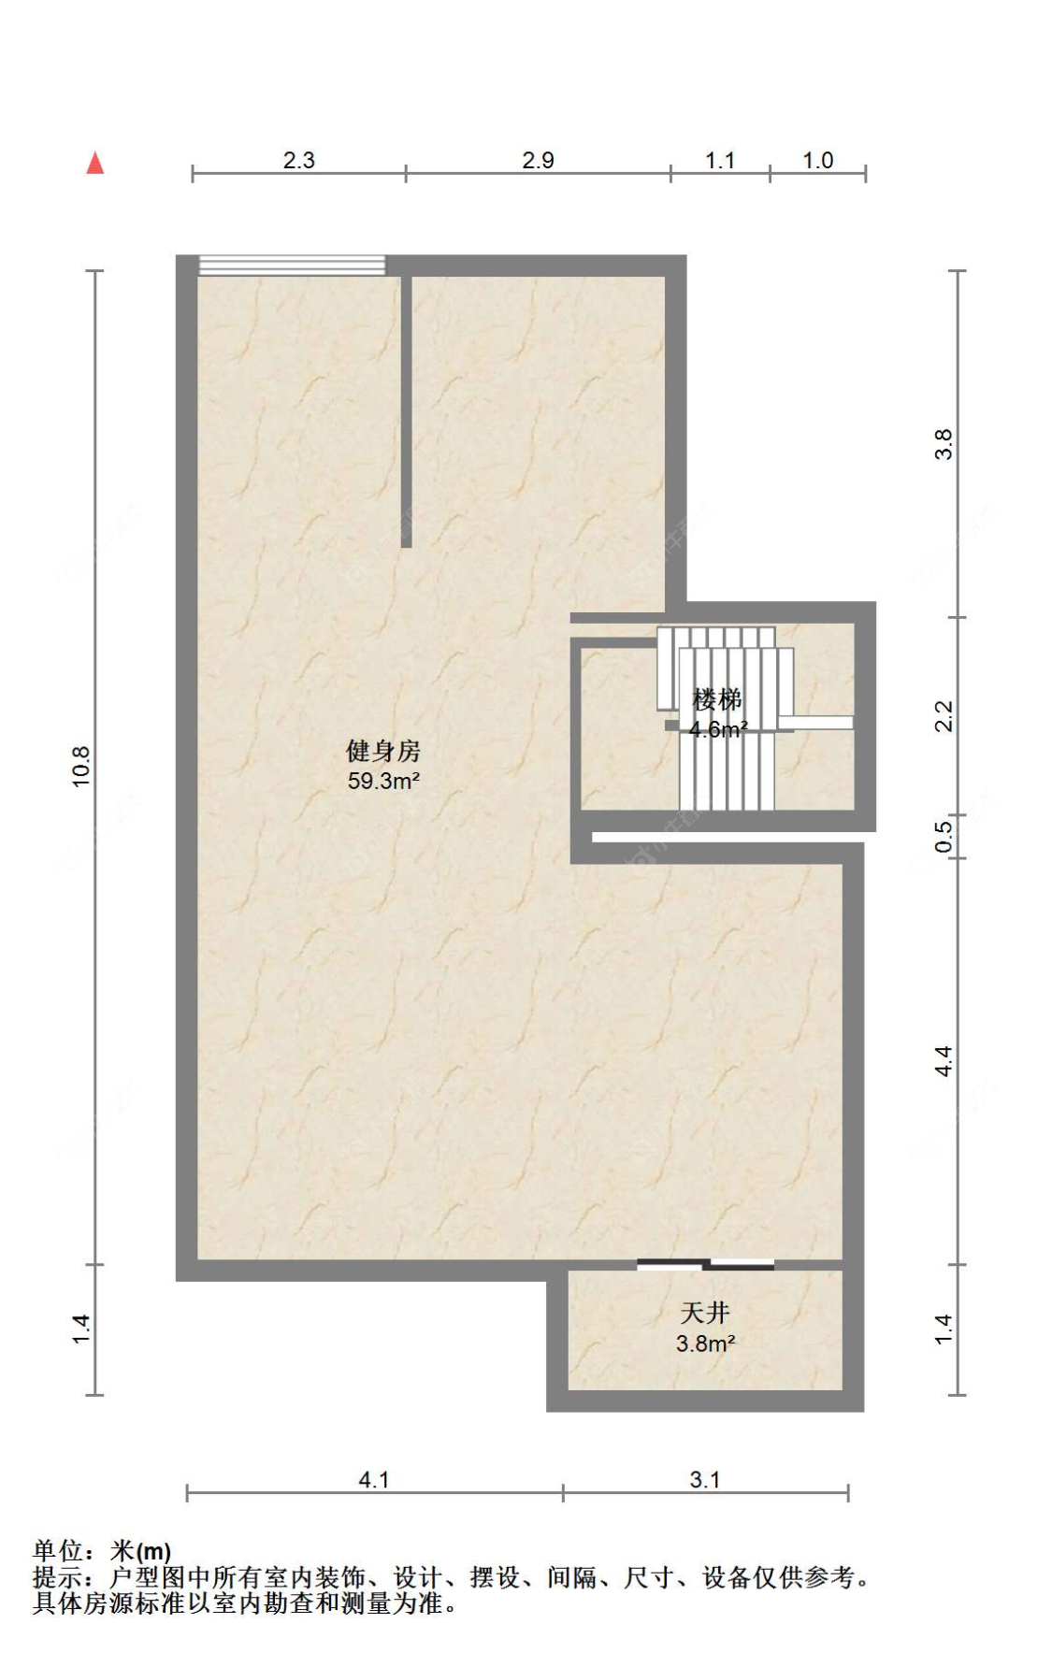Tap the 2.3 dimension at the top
pos(299,160)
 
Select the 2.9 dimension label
pos(538,160)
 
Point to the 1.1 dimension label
pos(720,160)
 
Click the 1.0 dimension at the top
pos(817,160)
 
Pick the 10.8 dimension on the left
pos(81,766)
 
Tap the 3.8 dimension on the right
pos(944,443)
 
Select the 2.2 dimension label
pos(944,716)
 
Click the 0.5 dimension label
pos(944,835)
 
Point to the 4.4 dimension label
pos(944,1061)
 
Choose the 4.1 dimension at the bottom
pos(374,1479)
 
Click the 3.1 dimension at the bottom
pos(705,1479)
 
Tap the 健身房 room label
pos(383,751)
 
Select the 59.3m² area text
pos(383,781)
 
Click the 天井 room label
pos(705,1314)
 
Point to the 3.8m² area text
pos(705,1344)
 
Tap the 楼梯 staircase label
pos(717,699)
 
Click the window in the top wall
pos(292,266)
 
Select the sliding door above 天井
pos(706,1265)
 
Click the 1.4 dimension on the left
pos(81,1329)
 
